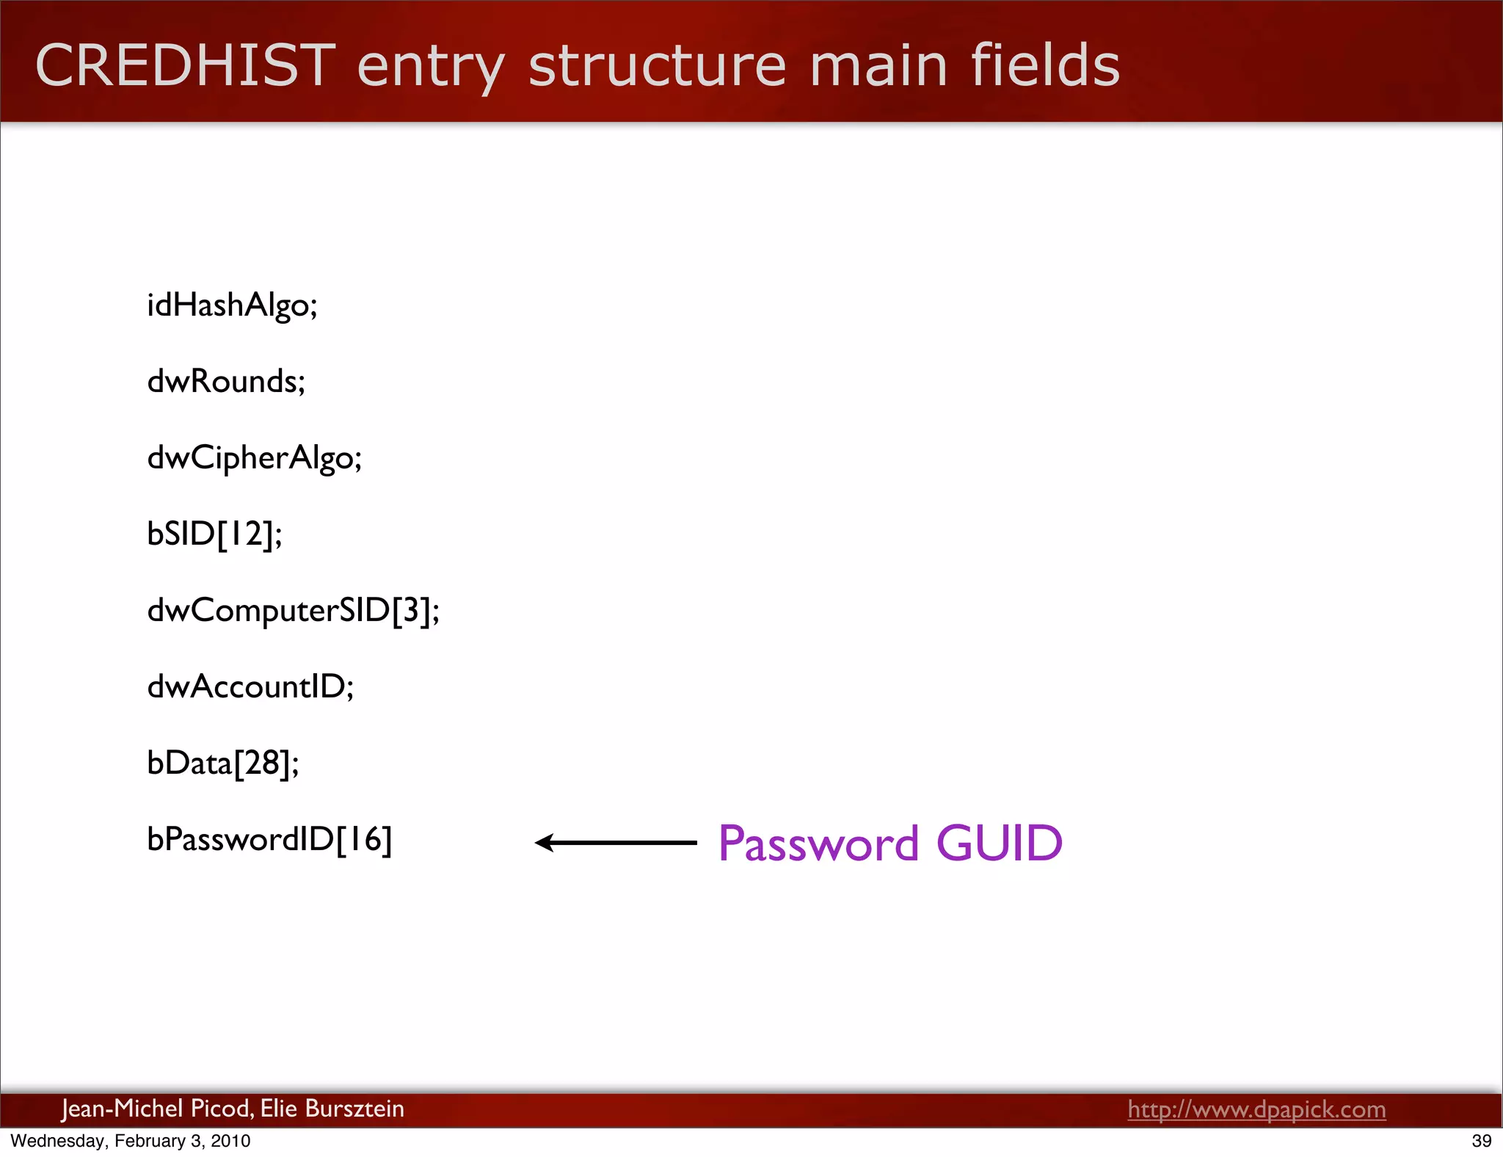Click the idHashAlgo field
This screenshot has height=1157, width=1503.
[x=232, y=305]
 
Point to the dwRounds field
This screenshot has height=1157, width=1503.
[x=226, y=382]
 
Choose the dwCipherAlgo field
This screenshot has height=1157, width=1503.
[x=254, y=458]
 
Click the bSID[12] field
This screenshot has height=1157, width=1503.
[x=214, y=534]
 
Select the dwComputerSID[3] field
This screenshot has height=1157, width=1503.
[x=293, y=611]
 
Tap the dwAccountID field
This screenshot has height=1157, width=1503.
[x=250, y=687]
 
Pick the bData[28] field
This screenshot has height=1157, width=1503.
[x=222, y=764]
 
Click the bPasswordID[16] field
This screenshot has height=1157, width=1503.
[x=269, y=840]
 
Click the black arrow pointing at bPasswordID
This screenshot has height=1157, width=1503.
[x=615, y=843]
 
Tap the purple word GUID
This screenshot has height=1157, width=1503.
[x=1000, y=843]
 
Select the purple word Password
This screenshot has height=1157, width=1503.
[x=818, y=843]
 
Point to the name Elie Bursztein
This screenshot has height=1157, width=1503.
[x=332, y=1108]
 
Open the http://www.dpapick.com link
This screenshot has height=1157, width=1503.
[x=1256, y=1109]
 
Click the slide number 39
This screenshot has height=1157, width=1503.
[x=1481, y=1141]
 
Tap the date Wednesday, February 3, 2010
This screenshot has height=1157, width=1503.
[x=131, y=1141]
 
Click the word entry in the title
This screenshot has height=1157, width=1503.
[x=430, y=66]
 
